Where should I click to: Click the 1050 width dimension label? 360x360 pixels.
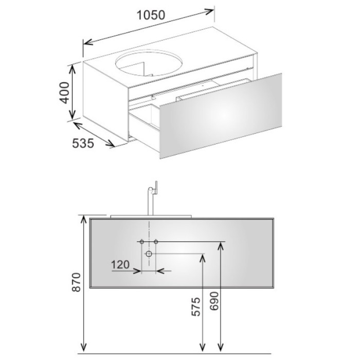[151, 15]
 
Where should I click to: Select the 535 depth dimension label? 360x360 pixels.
[83, 143]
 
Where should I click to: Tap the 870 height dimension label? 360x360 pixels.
[77, 282]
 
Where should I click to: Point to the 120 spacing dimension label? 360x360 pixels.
[120, 265]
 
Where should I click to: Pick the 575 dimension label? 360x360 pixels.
[196, 307]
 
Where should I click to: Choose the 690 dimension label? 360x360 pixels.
[214, 301]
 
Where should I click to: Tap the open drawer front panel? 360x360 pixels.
[221, 116]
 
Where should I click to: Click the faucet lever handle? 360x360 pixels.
[156, 188]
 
